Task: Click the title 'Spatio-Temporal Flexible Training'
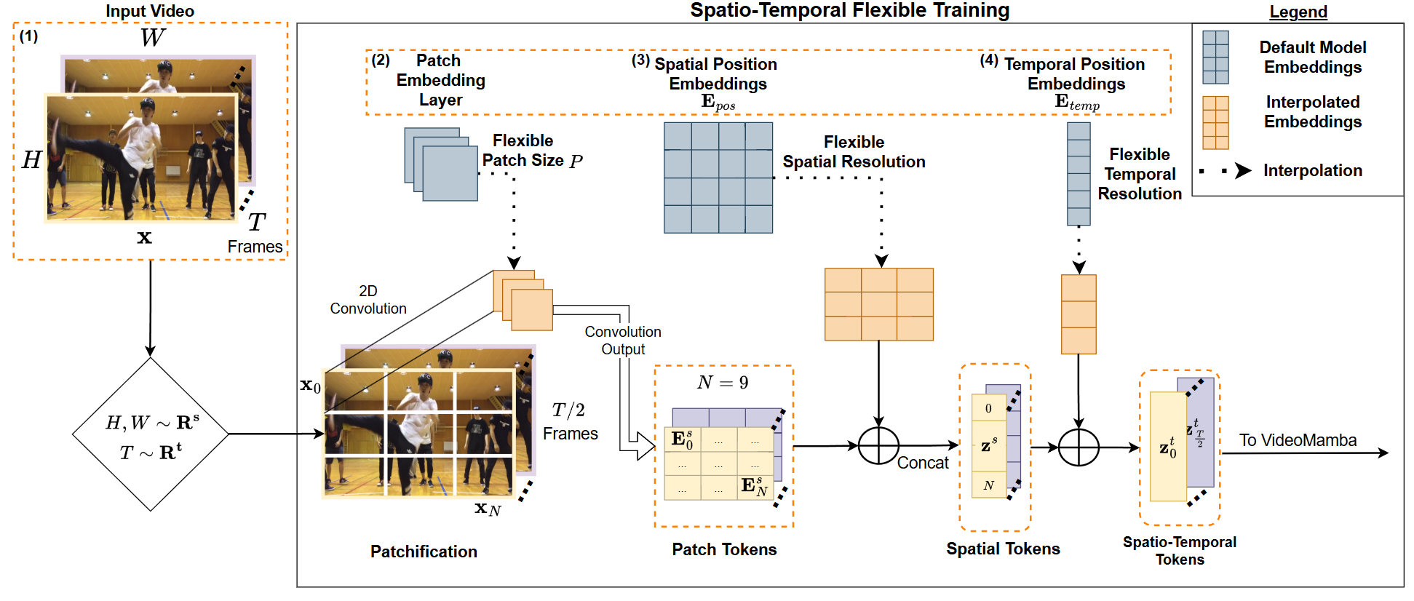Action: point(849,10)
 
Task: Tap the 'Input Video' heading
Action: point(150,11)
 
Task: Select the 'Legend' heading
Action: point(1298,12)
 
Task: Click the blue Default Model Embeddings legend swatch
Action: point(1215,57)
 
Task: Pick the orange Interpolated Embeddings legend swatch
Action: point(1215,122)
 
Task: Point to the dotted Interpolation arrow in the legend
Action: point(1226,171)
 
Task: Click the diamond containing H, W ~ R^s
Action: point(151,434)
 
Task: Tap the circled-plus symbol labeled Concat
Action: point(878,445)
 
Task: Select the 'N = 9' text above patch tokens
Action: point(722,383)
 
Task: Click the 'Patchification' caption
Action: point(424,552)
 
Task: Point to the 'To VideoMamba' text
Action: point(1298,440)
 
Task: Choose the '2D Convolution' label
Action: point(368,300)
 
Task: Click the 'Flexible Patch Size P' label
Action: point(531,151)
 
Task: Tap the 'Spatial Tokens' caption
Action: point(1003,549)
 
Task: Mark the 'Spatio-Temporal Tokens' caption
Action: point(1179,551)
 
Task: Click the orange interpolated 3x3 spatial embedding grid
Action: point(878,304)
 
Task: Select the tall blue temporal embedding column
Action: point(1079,174)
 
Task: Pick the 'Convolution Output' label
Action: point(623,341)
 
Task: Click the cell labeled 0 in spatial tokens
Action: point(988,408)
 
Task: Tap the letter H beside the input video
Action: point(31,159)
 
